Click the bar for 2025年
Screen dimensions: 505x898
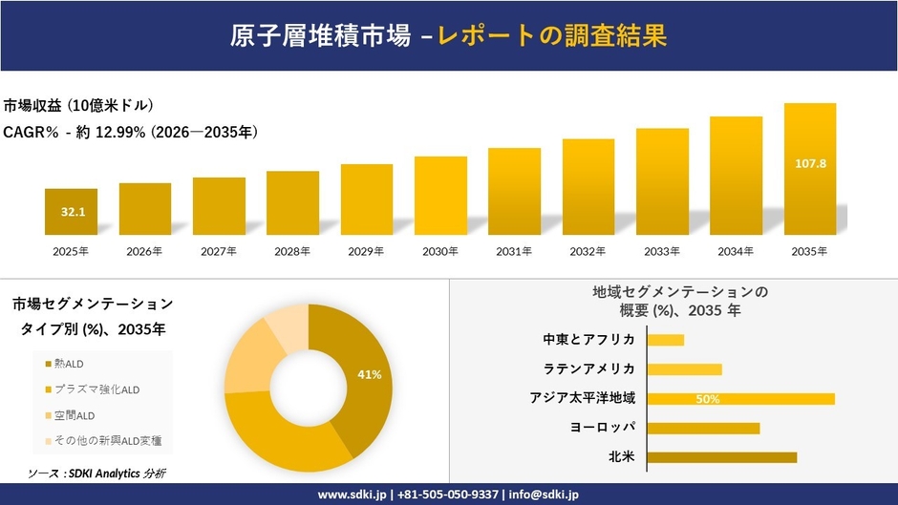coord(71,212)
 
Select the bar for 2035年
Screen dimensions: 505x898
coord(810,169)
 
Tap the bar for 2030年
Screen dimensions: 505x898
coord(440,196)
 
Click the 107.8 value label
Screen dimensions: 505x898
coord(810,164)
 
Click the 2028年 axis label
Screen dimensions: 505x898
coord(292,252)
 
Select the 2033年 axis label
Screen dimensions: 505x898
coord(662,252)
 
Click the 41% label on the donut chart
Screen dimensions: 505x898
coord(369,375)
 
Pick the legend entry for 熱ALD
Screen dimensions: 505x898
coord(69,363)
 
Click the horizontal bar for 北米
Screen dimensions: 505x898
coord(721,457)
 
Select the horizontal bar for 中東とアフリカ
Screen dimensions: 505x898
coord(666,340)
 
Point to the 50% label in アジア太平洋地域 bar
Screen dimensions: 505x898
coord(707,399)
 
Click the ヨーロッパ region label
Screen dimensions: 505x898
coord(602,428)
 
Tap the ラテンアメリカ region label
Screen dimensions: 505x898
coord(589,368)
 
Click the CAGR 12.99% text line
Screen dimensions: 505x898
coord(131,132)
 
